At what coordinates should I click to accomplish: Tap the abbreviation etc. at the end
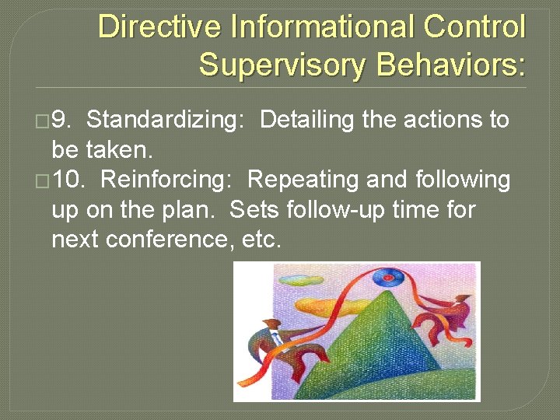[258, 240]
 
